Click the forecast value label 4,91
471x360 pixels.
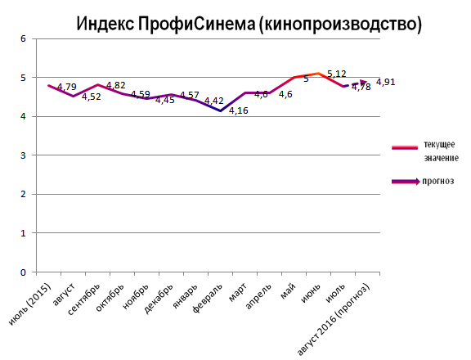coord(386,82)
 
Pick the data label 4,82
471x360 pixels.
coord(116,85)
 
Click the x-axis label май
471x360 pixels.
coord(287,290)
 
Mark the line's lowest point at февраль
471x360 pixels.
coord(219,110)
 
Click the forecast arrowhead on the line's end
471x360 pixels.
coord(364,81)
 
